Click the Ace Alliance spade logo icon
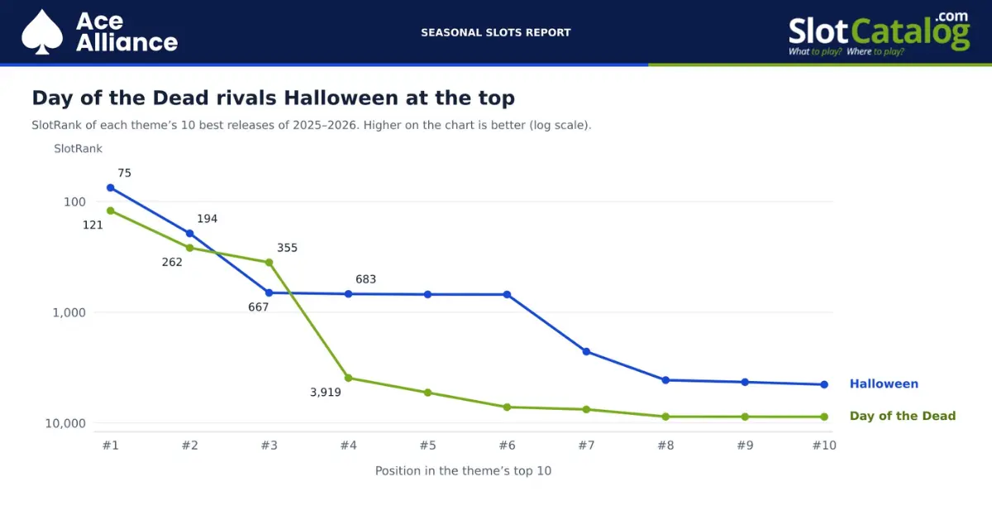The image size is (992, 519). pos(42,32)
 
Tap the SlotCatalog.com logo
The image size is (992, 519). pos(879,34)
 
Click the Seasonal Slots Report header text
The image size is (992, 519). pos(495,33)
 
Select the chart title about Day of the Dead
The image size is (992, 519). pos(274,98)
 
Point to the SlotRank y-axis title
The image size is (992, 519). pos(78,149)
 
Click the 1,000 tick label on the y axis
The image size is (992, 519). pos(69,312)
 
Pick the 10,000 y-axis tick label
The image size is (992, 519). pos(65,423)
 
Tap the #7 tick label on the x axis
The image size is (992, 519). pos(586,445)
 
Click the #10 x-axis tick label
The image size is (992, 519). pos(824,445)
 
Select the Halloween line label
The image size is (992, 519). pos(884,384)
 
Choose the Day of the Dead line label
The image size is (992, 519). pos(903,417)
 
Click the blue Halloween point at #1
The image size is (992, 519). pos(111,188)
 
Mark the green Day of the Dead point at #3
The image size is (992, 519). pos(269,263)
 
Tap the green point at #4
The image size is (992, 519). pos(349,379)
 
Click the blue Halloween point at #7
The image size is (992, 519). pos(586,351)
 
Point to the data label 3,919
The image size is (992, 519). pos(326,393)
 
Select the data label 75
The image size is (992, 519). pos(125,174)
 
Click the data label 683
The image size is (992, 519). pos(365,279)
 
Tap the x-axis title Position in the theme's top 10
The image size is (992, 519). pos(463,471)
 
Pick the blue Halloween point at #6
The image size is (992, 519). pos(507,294)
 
